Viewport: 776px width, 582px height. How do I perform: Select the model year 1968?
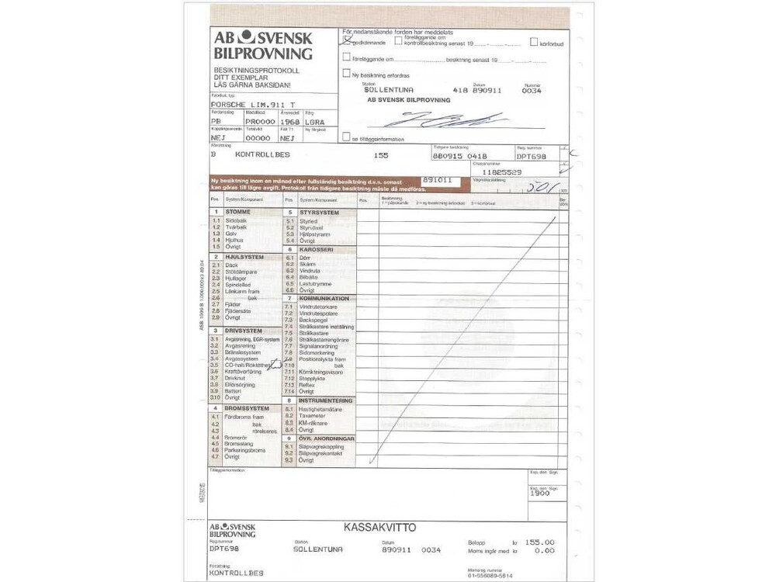(x=289, y=122)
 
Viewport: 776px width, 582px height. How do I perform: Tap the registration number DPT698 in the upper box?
(x=532, y=156)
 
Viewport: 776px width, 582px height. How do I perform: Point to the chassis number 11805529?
(x=502, y=171)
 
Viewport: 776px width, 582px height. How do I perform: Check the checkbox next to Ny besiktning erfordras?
(x=346, y=74)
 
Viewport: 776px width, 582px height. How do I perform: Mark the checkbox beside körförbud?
(x=534, y=43)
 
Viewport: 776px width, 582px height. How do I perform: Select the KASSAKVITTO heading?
(x=379, y=528)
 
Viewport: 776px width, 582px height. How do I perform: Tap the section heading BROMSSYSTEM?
(x=247, y=408)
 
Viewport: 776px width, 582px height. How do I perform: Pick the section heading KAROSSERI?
(x=316, y=250)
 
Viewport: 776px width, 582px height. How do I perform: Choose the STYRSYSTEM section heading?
(x=319, y=212)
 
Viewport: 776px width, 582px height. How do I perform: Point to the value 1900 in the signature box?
(x=540, y=493)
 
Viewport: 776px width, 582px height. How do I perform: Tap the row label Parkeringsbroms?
(x=244, y=450)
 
